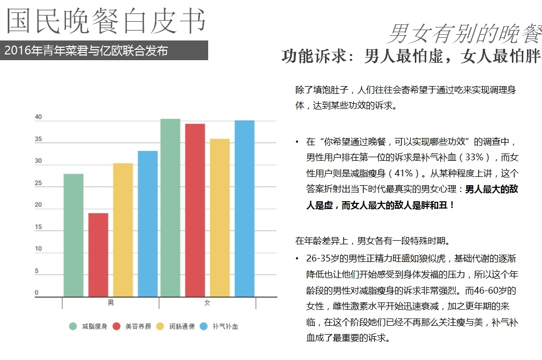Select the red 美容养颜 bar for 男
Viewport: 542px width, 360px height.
click(98, 255)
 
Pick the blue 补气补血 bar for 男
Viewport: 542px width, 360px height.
click(147, 224)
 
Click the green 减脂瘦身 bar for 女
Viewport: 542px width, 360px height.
click(170, 207)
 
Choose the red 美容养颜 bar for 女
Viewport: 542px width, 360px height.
click(195, 210)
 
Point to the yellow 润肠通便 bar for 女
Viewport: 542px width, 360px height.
click(220, 217)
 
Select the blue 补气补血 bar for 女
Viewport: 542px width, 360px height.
click(245, 209)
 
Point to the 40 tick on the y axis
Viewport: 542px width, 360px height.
click(38, 117)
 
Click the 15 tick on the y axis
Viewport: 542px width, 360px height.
click(38, 227)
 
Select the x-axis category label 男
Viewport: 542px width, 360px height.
click(111, 302)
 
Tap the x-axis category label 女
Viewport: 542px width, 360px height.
click(207, 302)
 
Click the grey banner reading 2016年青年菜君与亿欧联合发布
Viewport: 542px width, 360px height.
click(104, 51)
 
